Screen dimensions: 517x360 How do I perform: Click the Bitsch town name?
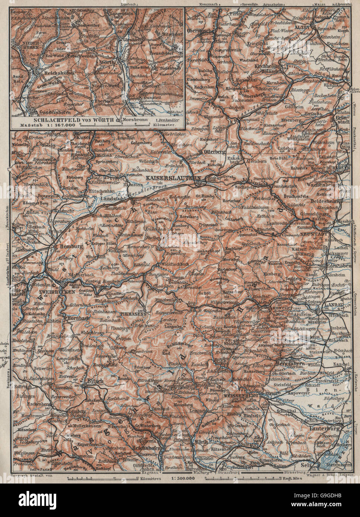(x=93, y=381)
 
